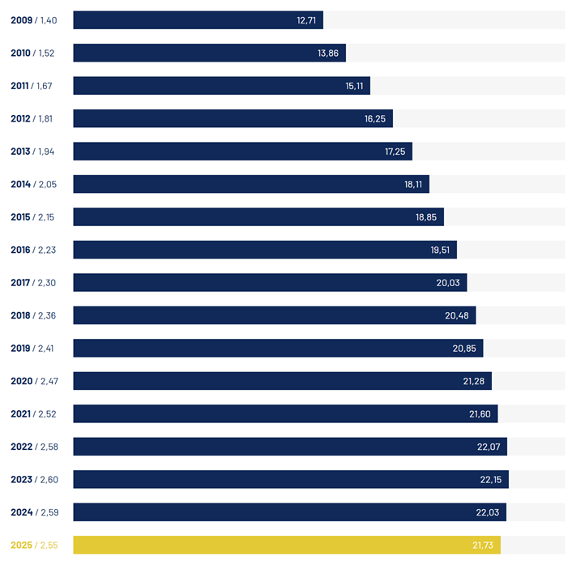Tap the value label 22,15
coord(491,479)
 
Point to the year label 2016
coord(21,250)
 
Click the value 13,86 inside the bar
coord(328,53)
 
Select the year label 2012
coord(21,118)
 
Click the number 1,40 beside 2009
coord(47,20)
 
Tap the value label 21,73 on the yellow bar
coord(483,545)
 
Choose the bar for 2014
coord(243,184)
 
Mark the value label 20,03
coord(449,282)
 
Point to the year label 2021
coord(21,413)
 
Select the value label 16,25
coord(375,118)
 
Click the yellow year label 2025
coord(21,545)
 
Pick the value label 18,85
coord(426,216)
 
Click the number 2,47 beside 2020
coord(49,381)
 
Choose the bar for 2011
coord(211,86)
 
